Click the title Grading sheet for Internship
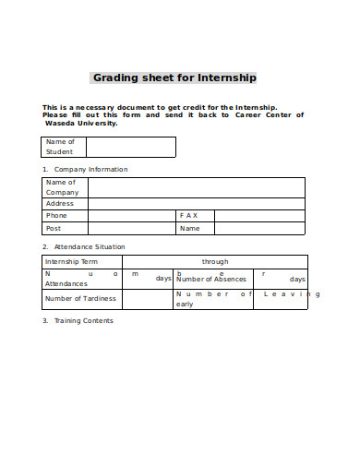174,78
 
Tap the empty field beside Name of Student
131,147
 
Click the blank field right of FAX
260,215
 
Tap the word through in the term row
215,261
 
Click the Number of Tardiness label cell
81,299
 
